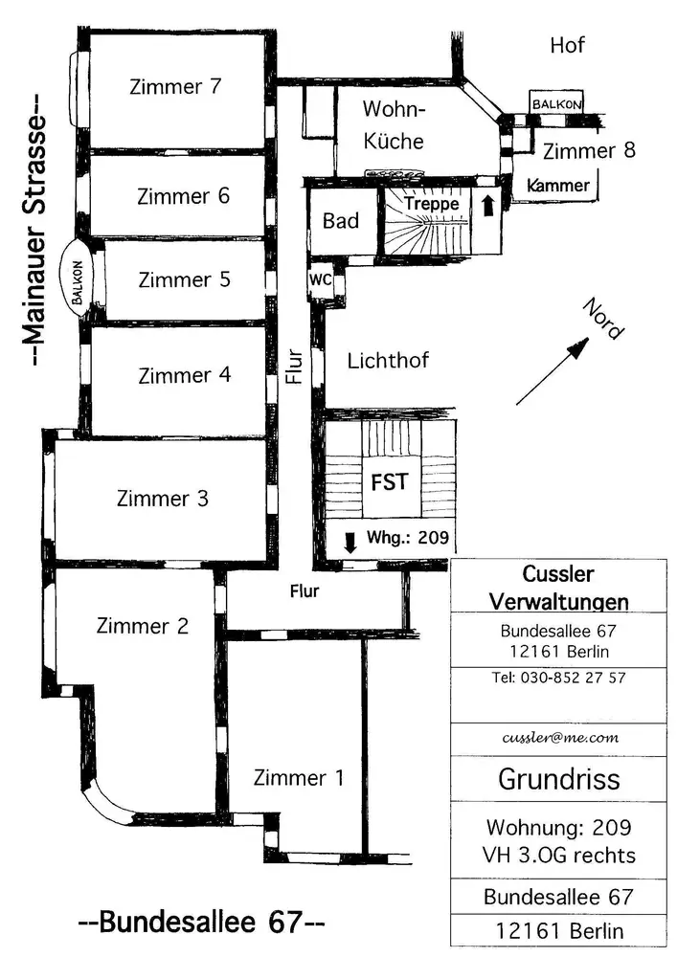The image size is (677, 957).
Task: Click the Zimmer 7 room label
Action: (175, 87)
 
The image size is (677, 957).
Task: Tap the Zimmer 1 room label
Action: (299, 777)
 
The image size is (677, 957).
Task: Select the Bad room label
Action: (341, 221)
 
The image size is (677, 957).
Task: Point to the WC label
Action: (321, 279)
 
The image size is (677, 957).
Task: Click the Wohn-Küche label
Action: (394, 124)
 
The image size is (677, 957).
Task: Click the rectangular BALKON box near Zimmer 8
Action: (556, 103)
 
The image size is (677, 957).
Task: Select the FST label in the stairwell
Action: (389, 482)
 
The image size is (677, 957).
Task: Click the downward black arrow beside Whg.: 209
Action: (350, 542)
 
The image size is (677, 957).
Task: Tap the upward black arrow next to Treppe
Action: (487, 205)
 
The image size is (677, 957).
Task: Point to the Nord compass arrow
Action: (553, 371)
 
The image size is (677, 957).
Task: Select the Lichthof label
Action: (388, 361)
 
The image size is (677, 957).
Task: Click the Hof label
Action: (567, 45)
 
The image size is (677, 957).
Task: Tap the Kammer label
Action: (558, 186)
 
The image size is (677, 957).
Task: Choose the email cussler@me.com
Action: (560, 738)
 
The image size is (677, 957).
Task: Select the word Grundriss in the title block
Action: (559, 779)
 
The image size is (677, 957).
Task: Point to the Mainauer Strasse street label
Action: (35, 230)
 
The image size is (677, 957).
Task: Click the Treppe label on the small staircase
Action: (432, 203)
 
